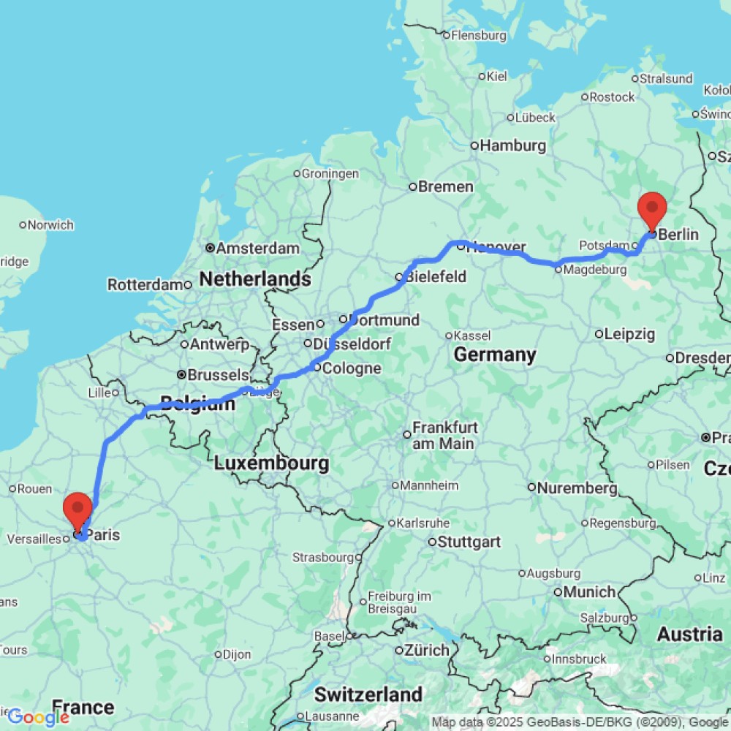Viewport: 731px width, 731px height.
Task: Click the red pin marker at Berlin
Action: coord(651,208)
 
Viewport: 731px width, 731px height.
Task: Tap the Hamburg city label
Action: coord(512,145)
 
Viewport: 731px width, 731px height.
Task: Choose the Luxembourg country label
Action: coord(271,463)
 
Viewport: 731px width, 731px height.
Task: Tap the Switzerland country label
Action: coord(368,694)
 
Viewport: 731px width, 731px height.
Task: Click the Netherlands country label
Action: coord(255,279)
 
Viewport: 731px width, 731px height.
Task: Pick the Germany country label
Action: coord(495,355)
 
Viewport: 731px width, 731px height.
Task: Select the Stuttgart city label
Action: coord(469,542)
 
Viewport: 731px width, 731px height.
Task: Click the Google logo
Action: coord(38,717)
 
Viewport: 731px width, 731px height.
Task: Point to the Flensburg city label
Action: coord(479,35)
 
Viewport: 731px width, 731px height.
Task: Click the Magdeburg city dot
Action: coord(558,269)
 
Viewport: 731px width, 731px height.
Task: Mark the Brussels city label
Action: coord(218,374)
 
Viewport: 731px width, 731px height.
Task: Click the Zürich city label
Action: coord(428,650)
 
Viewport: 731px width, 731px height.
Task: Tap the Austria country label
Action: coord(689,634)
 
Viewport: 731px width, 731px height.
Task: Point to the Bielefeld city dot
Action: coord(400,277)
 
